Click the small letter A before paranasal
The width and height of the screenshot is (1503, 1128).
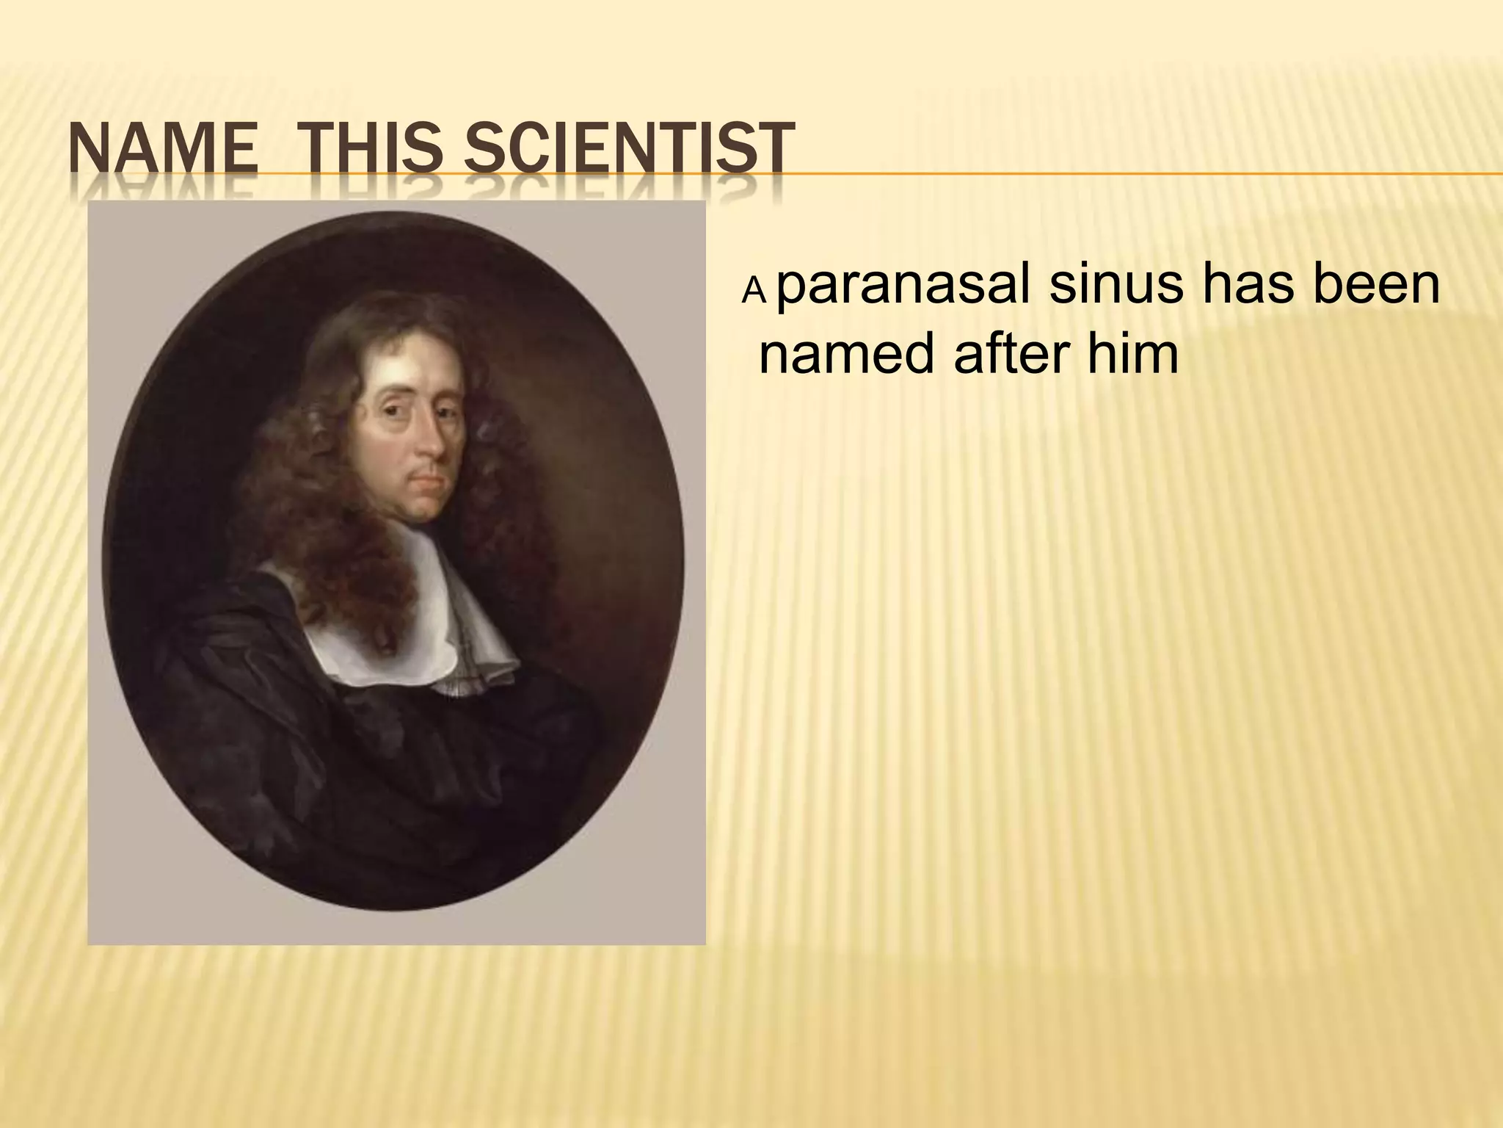(x=754, y=292)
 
